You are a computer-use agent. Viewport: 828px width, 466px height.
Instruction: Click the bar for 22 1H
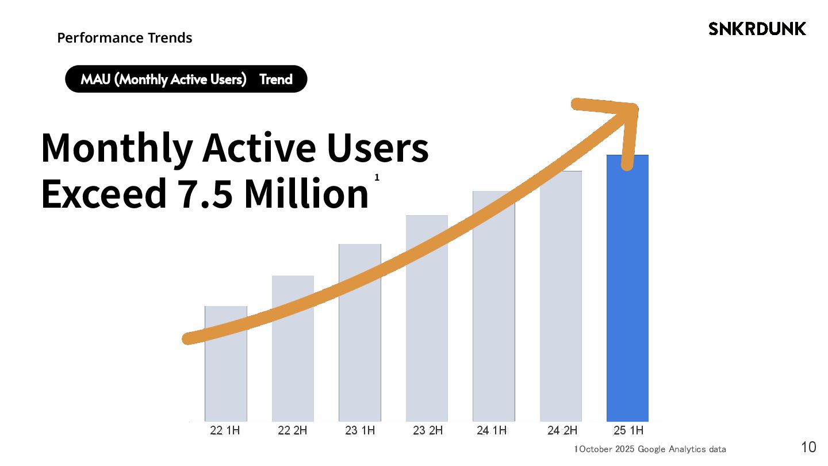(226, 380)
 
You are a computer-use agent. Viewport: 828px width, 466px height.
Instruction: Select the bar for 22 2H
(293, 368)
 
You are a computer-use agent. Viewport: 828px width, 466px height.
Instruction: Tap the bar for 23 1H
(360, 357)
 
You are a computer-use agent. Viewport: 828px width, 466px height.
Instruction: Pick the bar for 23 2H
(427, 345)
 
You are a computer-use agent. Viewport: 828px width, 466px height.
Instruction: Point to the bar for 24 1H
(493, 334)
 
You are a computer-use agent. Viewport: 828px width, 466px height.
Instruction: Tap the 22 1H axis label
(225, 430)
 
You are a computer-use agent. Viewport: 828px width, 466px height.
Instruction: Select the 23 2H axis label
(428, 430)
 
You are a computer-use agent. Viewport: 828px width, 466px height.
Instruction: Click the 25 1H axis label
(628, 430)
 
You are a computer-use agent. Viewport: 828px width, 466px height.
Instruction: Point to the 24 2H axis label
(562, 430)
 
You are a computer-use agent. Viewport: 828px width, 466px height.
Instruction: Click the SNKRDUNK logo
(757, 29)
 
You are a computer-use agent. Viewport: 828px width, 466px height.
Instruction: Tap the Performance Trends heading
(125, 38)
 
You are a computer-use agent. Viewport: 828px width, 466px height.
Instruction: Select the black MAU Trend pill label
(186, 79)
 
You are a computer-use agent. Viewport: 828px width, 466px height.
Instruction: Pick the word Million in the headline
(306, 194)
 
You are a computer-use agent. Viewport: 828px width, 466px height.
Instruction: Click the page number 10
(808, 447)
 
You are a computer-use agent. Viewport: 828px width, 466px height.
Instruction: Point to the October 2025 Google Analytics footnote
(651, 449)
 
